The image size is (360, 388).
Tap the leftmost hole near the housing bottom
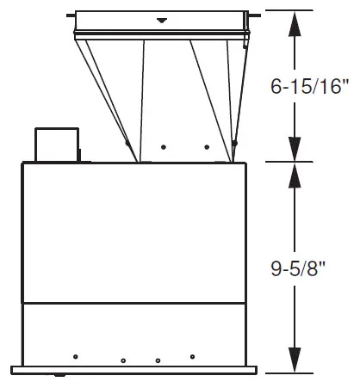click(77, 355)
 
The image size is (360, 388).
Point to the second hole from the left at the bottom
click(123, 360)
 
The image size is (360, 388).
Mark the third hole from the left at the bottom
click(158, 360)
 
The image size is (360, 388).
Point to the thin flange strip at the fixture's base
click(136, 371)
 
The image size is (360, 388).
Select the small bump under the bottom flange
click(59, 376)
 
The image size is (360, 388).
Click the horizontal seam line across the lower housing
click(136, 303)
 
